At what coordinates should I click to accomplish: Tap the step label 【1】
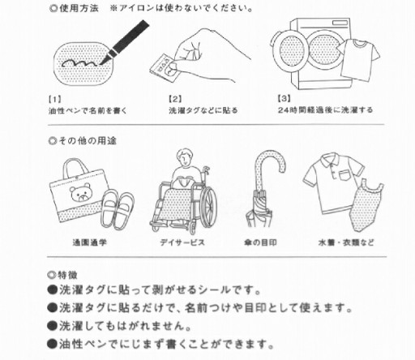click(x=55, y=99)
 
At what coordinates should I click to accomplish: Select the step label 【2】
click(x=175, y=99)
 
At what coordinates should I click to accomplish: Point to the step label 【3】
click(x=285, y=99)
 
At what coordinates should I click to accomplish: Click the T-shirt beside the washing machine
click(x=358, y=59)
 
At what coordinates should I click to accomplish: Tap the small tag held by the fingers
click(x=165, y=67)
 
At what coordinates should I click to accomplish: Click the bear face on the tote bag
click(x=80, y=192)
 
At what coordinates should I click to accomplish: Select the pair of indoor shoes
click(x=118, y=208)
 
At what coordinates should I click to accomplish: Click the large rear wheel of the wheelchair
click(x=207, y=206)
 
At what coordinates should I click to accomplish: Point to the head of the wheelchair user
click(x=185, y=158)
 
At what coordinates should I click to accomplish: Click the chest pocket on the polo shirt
click(x=344, y=175)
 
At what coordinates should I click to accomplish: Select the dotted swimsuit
click(x=366, y=204)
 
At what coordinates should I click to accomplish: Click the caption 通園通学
click(x=89, y=242)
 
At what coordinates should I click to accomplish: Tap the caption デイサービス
click(x=182, y=242)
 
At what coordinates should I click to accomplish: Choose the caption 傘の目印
click(x=260, y=242)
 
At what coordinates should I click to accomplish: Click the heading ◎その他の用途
click(x=83, y=141)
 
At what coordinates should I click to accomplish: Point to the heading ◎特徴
click(x=62, y=275)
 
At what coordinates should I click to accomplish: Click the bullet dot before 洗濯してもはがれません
click(x=52, y=326)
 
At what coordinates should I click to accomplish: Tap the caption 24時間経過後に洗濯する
click(x=325, y=110)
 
